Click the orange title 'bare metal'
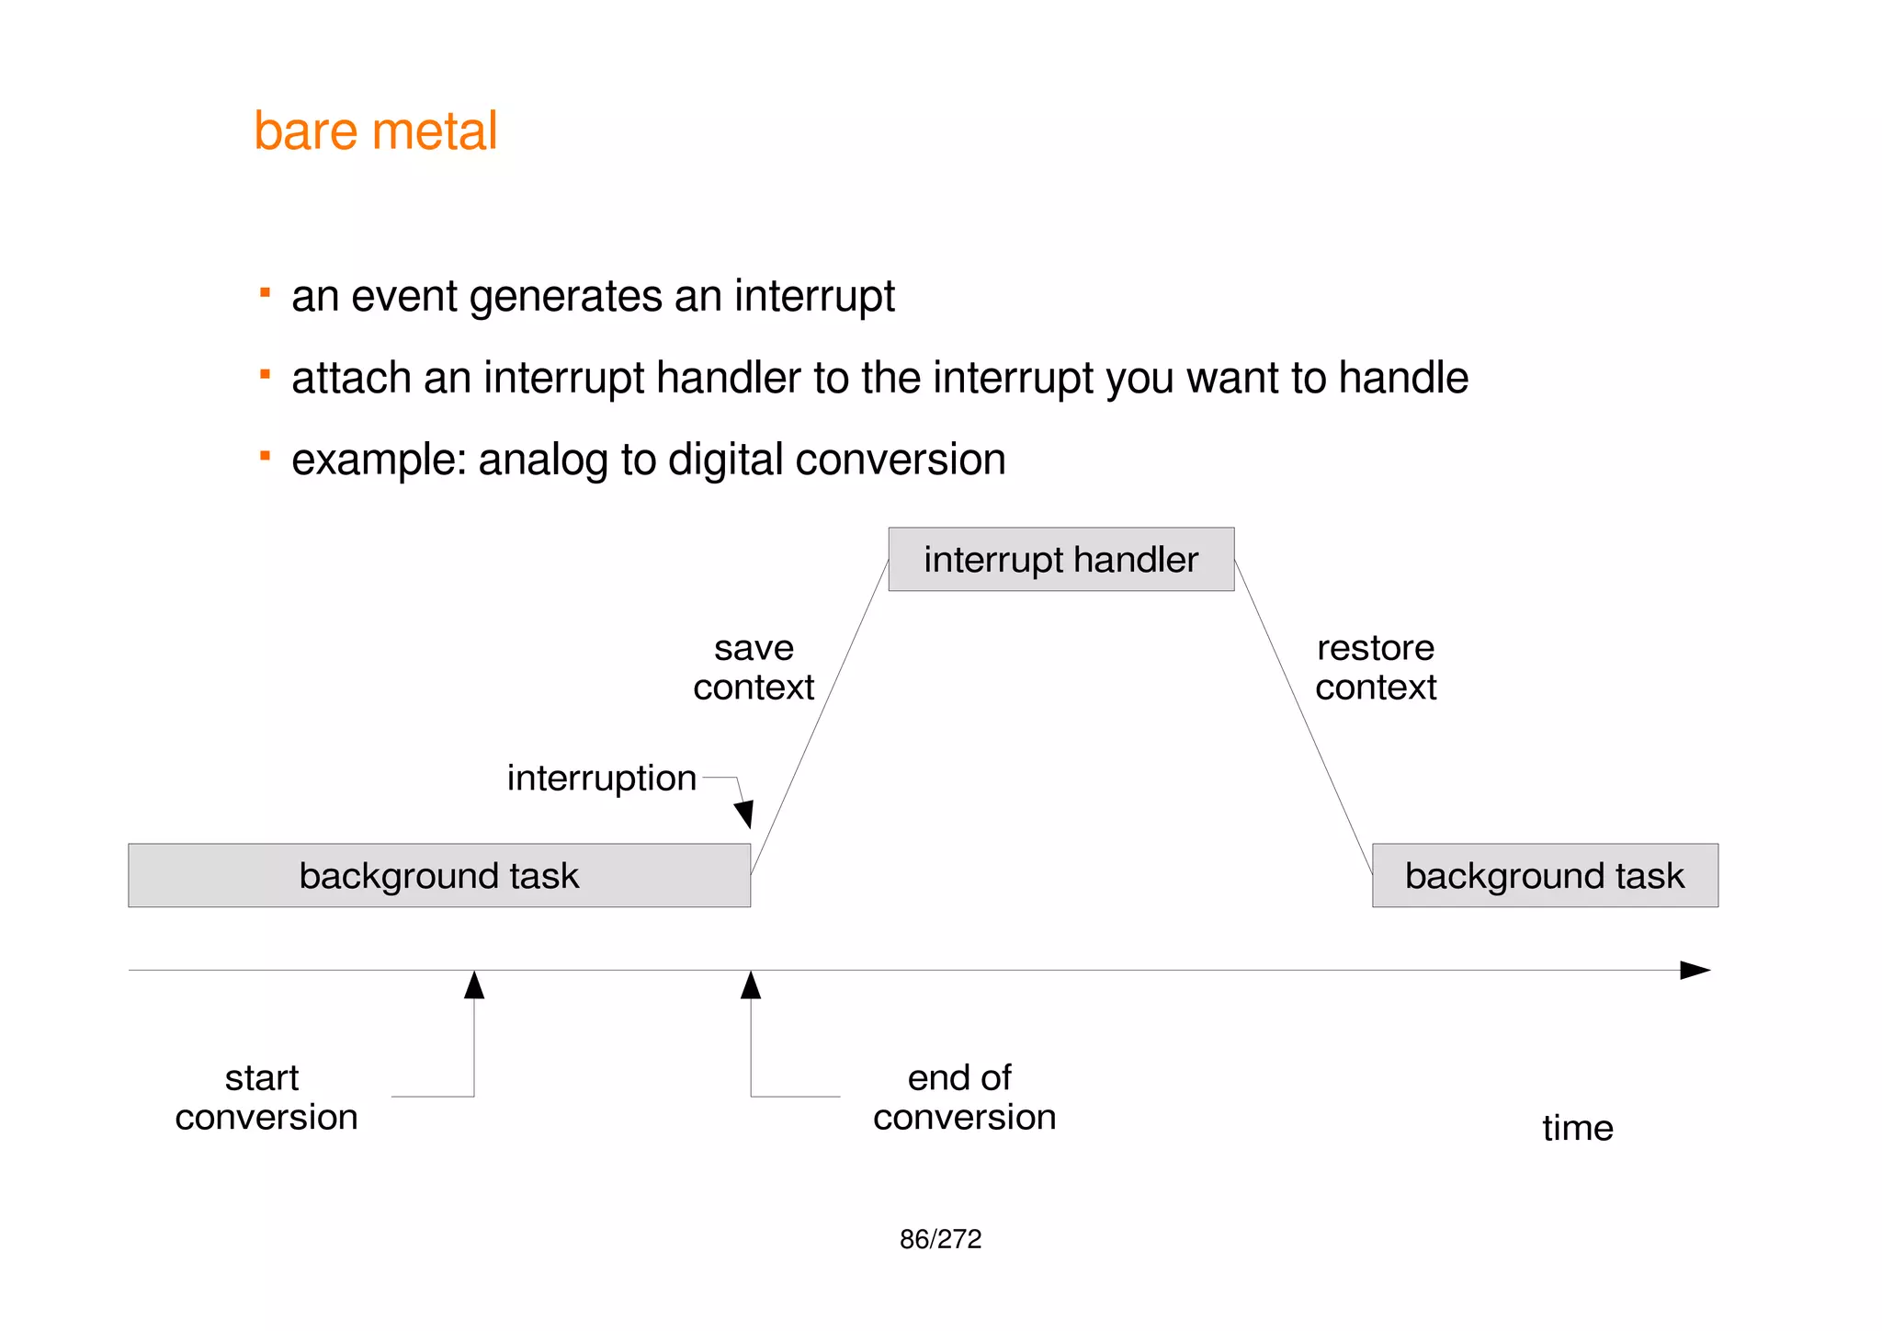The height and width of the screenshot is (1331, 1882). (x=375, y=131)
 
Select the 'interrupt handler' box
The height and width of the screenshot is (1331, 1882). (x=1060, y=559)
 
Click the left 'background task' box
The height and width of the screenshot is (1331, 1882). (x=439, y=875)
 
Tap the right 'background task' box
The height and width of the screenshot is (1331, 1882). (x=1545, y=875)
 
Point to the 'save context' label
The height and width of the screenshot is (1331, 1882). (x=754, y=668)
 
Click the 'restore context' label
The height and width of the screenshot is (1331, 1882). (x=1375, y=668)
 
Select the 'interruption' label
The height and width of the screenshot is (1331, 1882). (x=601, y=779)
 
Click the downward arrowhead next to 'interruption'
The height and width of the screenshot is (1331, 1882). (x=744, y=813)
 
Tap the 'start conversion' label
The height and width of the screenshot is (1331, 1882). (x=266, y=1098)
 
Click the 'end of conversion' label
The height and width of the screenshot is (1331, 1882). (x=963, y=1098)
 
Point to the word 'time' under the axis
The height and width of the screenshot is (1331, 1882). (x=1577, y=1128)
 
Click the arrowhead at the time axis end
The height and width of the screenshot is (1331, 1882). (x=1695, y=970)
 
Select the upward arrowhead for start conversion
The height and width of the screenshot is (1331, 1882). (x=474, y=985)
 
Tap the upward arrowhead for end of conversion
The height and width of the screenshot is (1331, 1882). (x=751, y=985)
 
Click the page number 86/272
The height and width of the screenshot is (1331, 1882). (x=940, y=1239)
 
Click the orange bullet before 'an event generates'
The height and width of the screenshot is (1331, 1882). (x=265, y=293)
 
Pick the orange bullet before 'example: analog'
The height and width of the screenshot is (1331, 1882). (x=265, y=456)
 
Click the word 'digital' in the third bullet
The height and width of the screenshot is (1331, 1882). (x=725, y=460)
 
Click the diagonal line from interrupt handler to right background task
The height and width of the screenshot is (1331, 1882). (x=1303, y=715)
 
